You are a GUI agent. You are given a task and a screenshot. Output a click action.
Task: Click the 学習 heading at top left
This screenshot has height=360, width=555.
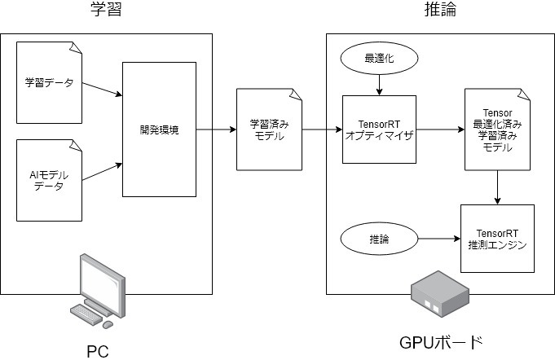point(106,11)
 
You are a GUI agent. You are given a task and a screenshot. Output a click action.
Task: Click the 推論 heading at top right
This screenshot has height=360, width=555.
point(441,11)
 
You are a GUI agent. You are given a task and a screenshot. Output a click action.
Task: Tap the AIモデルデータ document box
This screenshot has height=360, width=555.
point(49,180)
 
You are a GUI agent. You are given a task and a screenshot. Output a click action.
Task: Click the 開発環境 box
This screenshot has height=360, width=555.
point(159,129)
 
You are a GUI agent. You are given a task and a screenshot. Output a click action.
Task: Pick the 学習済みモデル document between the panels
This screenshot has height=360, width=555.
point(268,129)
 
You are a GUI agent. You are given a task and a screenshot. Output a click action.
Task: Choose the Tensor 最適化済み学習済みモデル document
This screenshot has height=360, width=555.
point(497,129)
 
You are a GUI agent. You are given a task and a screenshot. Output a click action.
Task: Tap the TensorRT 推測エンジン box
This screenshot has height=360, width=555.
point(497,238)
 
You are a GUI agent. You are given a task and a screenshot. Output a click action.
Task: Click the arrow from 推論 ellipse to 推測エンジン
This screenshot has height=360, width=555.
point(438,239)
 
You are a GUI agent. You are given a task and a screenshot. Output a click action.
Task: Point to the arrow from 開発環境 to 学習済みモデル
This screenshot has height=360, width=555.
point(216,129)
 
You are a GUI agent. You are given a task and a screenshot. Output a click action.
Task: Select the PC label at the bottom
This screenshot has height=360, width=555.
point(97,350)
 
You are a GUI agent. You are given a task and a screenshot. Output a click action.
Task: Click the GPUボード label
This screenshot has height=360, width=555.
point(441,341)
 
